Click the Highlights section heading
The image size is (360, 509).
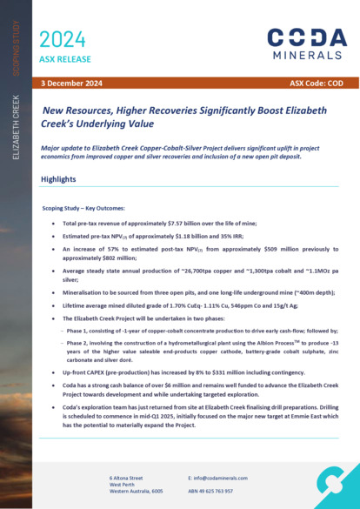pyautogui.click(x=59, y=179)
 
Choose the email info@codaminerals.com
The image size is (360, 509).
pyautogui.click(x=226, y=479)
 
